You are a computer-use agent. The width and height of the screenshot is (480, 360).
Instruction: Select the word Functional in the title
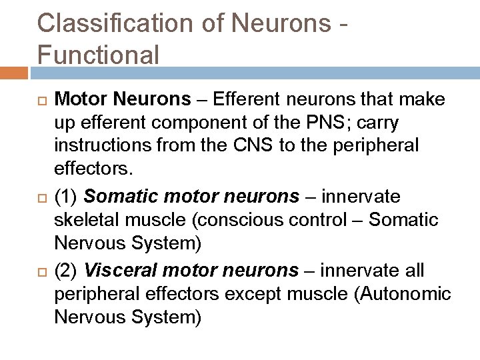[99, 53]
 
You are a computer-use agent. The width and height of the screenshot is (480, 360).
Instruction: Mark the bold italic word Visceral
[113, 271]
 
